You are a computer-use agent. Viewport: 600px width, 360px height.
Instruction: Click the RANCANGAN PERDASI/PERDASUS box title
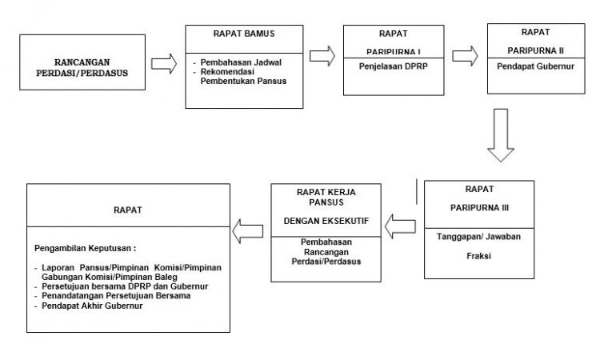82,68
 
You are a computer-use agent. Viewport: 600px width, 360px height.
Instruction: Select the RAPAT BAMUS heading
244,34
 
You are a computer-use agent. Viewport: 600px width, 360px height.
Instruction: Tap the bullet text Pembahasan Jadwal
241,62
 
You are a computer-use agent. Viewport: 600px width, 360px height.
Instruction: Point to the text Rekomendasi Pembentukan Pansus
243,77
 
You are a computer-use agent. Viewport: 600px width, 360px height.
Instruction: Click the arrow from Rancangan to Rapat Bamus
164,63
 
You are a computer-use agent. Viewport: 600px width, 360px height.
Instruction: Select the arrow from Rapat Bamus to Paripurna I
322,56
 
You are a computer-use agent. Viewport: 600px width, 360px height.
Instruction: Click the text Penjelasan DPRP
394,66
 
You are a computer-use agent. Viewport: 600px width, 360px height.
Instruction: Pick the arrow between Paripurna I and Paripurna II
465,56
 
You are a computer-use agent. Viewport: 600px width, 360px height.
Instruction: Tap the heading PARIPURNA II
536,50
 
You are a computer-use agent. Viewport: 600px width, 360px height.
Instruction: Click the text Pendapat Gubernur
536,66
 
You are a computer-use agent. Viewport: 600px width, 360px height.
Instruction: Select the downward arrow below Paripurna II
501,135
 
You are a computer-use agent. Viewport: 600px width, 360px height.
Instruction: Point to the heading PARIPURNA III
479,208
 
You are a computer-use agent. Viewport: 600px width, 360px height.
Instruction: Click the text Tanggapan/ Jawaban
478,237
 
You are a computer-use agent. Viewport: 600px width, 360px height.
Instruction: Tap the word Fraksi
478,256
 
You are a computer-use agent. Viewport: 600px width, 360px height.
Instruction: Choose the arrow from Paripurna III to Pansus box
400,226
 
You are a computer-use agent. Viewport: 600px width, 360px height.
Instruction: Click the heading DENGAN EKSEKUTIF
326,221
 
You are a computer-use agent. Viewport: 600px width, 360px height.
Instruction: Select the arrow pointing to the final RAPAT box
247,231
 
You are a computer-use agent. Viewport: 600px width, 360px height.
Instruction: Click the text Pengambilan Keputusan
85,248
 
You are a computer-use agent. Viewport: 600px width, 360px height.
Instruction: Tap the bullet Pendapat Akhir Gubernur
92,306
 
